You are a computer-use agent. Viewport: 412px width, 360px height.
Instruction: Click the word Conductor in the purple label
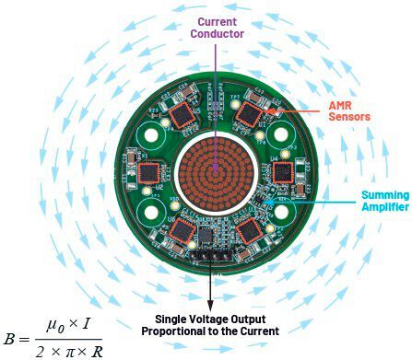(x=218, y=35)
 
